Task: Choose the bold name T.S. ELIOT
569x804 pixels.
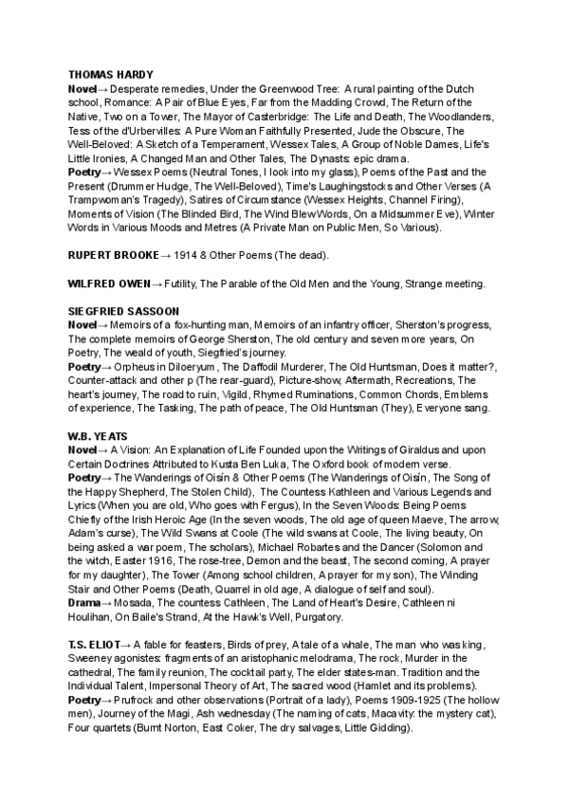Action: point(93,646)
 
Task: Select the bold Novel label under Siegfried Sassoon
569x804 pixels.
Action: point(84,324)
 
